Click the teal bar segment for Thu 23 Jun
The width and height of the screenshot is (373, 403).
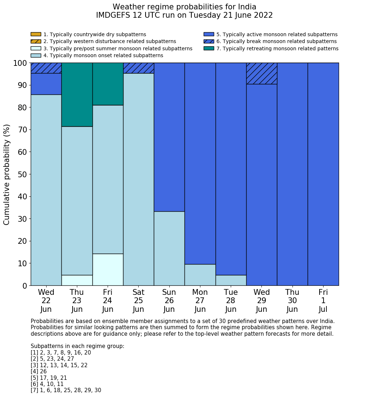pos(77,94)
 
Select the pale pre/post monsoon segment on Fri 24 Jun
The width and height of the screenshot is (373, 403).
pos(108,270)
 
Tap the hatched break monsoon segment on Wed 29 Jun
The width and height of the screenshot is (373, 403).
pos(261,73)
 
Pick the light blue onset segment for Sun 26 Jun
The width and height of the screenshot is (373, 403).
pos(169,248)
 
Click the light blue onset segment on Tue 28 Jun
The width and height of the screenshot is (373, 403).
pos(231,280)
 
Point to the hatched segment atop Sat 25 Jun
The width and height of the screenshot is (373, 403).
pos(138,68)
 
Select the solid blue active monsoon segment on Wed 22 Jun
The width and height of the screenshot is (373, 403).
pos(46,84)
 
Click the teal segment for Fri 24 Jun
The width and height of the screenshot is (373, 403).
pos(108,84)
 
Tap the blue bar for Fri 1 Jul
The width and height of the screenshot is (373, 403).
pos(323,174)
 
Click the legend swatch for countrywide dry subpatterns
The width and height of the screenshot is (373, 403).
pos(36,34)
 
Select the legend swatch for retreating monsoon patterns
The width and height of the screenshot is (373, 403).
pos(209,48)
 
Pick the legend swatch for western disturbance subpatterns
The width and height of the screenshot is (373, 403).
pos(36,41)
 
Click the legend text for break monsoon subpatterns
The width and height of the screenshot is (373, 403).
pos(276,42)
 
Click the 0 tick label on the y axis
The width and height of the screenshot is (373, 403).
pos(25,286)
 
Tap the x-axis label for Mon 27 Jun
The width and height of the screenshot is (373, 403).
pos(200,301)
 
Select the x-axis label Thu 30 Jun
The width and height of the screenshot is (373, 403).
pos(292,301)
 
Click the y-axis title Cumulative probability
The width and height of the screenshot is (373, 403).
pos(7,174)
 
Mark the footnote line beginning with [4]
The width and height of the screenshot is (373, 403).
pos(39,372)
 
